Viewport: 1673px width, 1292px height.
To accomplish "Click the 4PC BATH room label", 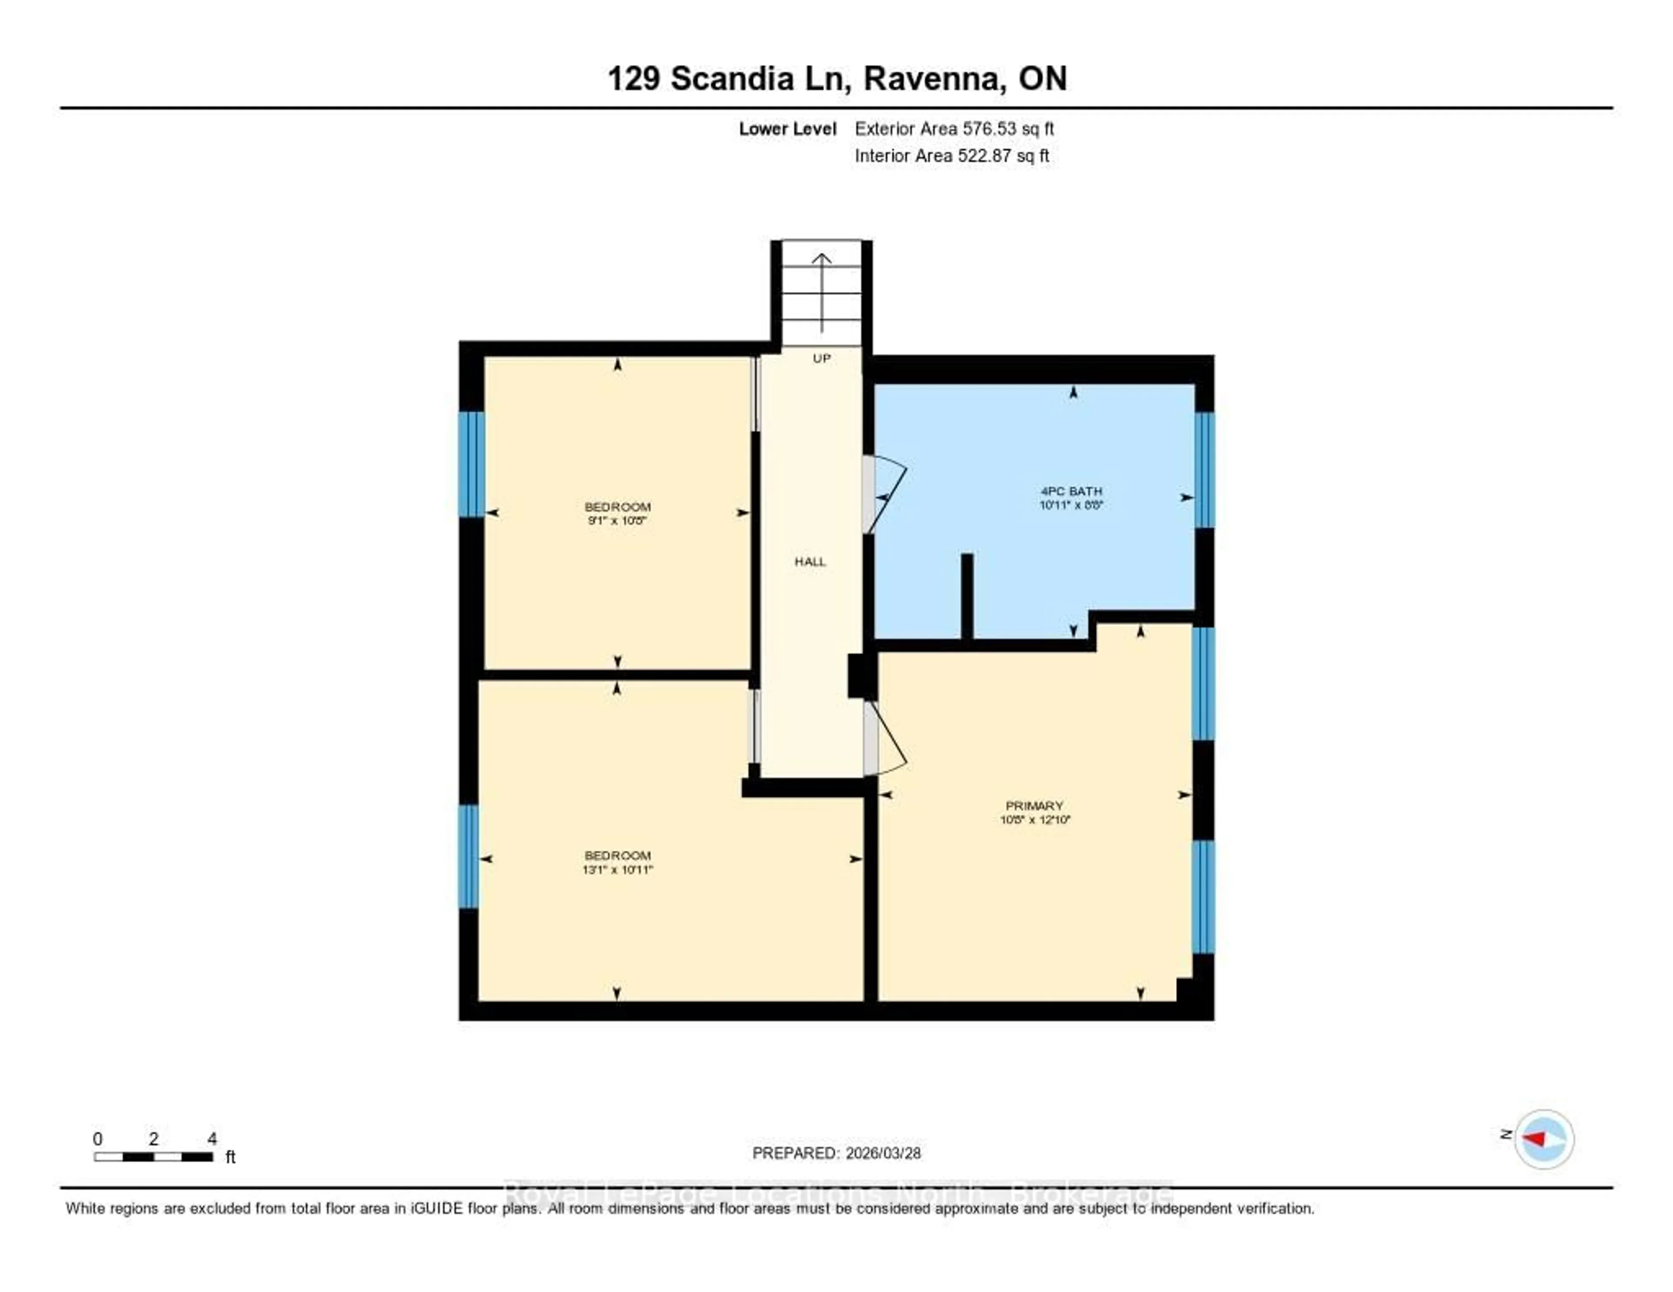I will [1071, 491].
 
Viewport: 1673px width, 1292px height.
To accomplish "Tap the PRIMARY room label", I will [1034, 806].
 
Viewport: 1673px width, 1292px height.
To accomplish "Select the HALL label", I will [809, 561].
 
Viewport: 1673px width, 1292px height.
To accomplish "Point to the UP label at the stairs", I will [821, 359].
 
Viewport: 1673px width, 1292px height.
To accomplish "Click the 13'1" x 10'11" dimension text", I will [617, 869].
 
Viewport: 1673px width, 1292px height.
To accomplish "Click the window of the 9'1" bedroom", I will [471, 464].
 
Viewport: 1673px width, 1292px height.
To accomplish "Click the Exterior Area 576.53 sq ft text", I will [954, 129].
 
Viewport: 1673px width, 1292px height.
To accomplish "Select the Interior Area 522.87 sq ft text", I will [952, 156].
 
